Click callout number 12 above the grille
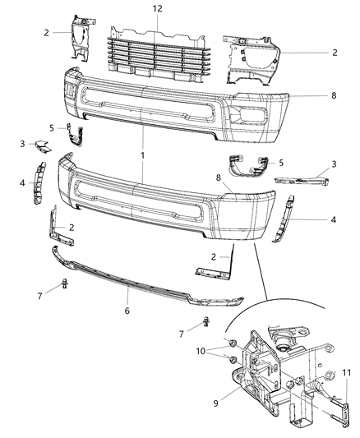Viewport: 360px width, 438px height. pos(157,8)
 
